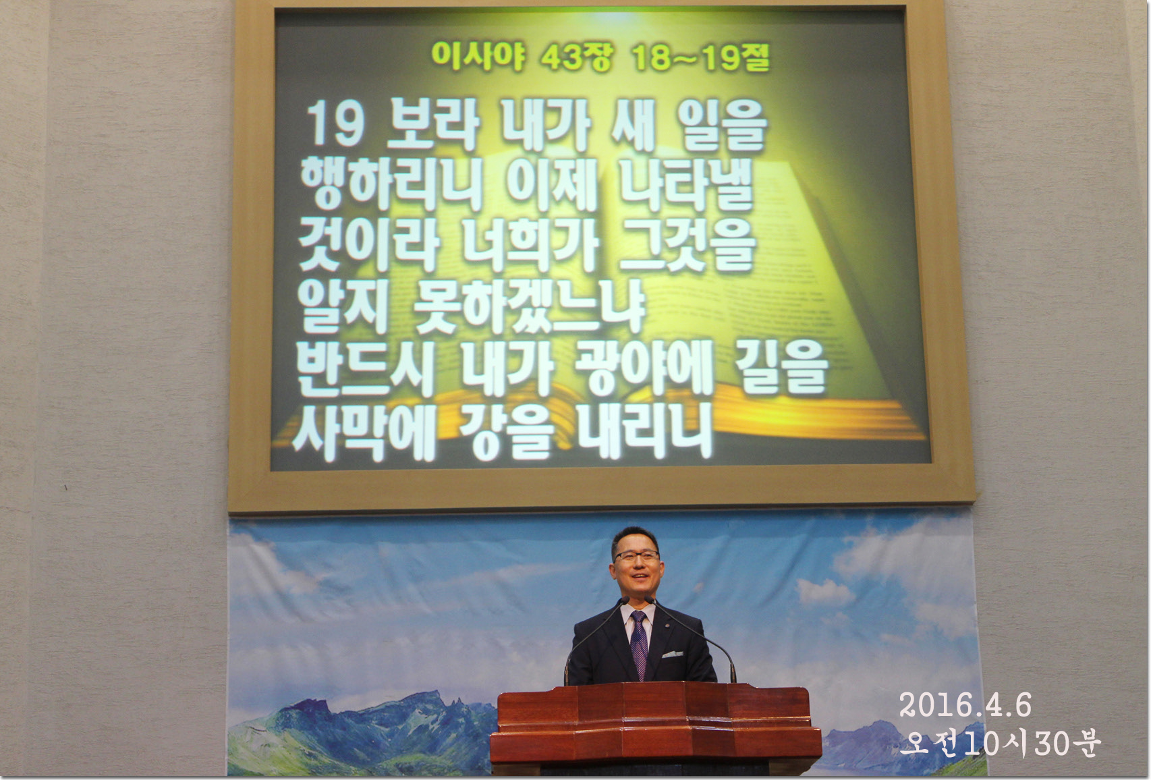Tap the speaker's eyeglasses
(636, 555)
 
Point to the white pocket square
(672, 654)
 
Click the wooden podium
(656, 729)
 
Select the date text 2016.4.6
(965, 705)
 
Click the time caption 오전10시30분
(1000, 744)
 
